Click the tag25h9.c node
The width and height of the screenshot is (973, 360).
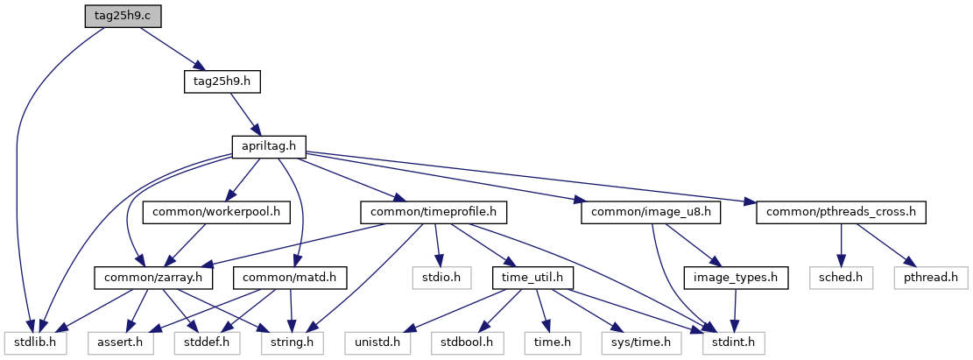123,15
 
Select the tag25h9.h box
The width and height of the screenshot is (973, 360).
222,81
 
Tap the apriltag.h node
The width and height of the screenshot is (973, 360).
270,147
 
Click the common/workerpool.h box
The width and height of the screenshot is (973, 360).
216,213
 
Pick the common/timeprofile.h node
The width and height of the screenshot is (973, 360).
434,213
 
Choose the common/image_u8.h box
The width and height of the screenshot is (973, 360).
651,213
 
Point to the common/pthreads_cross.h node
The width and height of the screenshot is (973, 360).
841,213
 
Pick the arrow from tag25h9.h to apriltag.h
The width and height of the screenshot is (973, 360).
245,114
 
